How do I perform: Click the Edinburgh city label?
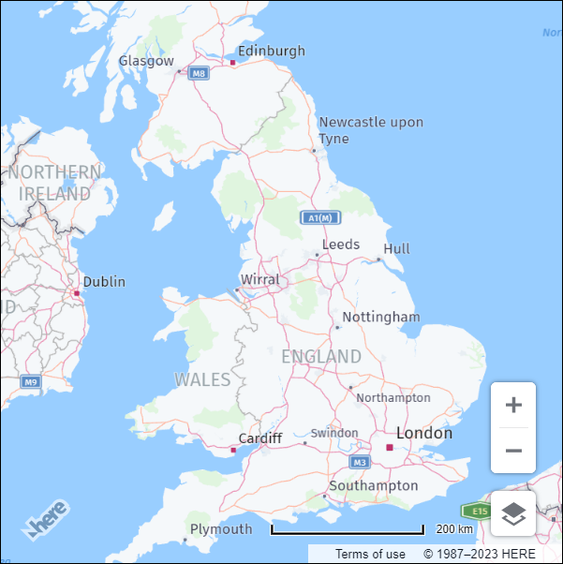point(271,51)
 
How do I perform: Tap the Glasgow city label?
point(146,61)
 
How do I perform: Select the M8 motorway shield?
point(198,73)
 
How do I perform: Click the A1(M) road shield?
point(319,218)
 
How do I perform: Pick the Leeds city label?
point(341,245)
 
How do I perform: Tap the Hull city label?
point(396,248)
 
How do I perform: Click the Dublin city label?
point(104,281)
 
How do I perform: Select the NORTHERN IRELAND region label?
point(54,183)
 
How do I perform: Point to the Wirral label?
point(260,280)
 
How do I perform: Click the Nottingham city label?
point(381,317)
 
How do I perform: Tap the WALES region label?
point(202,379)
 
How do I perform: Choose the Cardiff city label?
point(259,438)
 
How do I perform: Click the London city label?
point(424,433)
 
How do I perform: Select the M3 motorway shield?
point(361,463)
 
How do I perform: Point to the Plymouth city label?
point(221,529)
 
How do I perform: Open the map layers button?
point(513,513)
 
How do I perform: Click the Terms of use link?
point(371,554)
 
